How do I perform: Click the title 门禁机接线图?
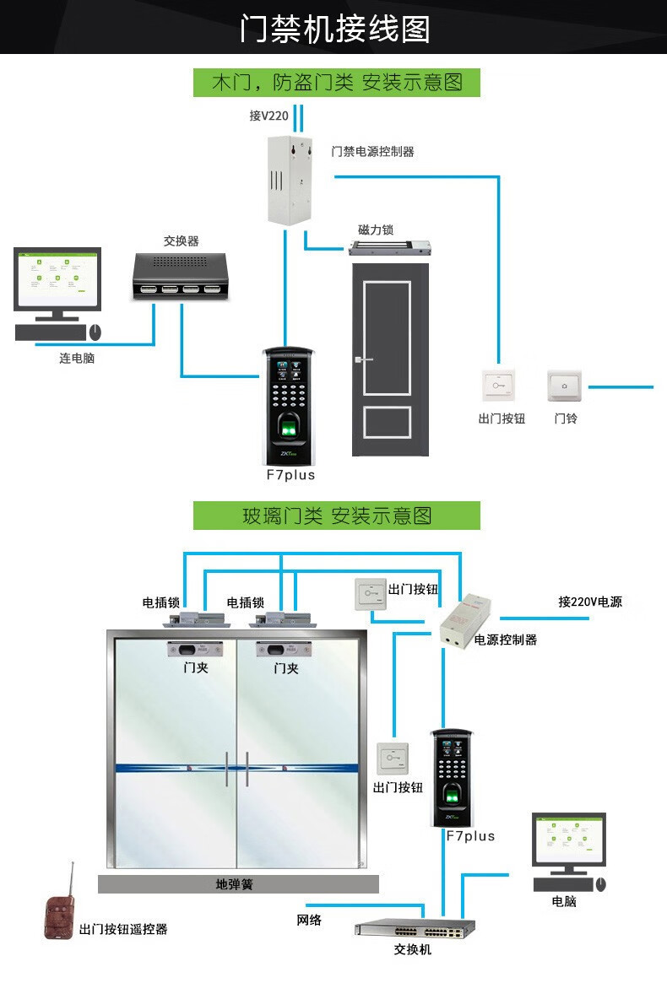click(x=334, y=28)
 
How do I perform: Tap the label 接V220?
click(x=268, y=116)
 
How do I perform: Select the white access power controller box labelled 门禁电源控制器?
click(x=288, y=180)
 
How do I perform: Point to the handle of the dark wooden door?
click(x=364, y=361)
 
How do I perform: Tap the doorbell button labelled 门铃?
click(x=565, y=386)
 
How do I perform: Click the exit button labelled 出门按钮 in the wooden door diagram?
click(x=499, y=386)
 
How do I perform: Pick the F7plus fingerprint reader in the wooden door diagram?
click(x=290, y=406)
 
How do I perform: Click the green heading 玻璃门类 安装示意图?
click(x=336, y=516)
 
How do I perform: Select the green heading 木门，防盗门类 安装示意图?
click(x=336, y=82)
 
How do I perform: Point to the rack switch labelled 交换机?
click(x=415, y=928)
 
